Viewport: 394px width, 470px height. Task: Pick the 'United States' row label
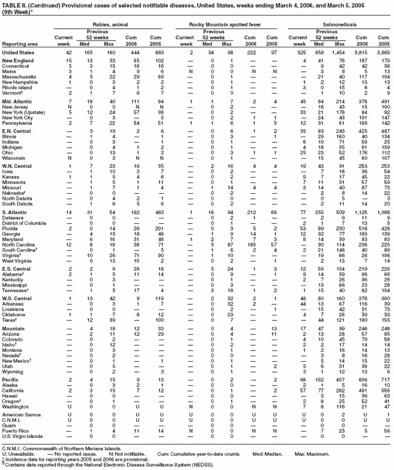(19, 52)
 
